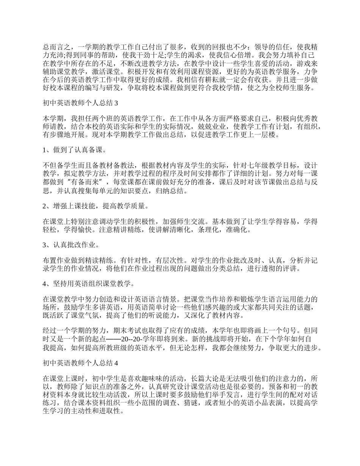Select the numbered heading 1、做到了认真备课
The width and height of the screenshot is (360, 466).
pyautogui.click(x=74, y=150)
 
